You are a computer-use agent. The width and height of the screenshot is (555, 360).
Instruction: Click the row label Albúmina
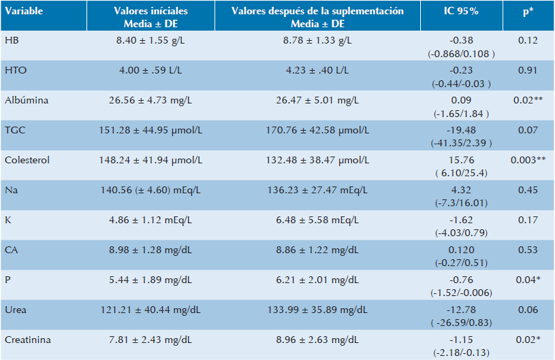(x=22, y=99)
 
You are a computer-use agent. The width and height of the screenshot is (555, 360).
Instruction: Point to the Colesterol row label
(x=24, y=161)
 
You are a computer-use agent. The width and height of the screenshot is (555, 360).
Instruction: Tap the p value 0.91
(x=526, y=69)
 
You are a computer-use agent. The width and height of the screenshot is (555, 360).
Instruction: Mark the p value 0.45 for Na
(x=526, y=191)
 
